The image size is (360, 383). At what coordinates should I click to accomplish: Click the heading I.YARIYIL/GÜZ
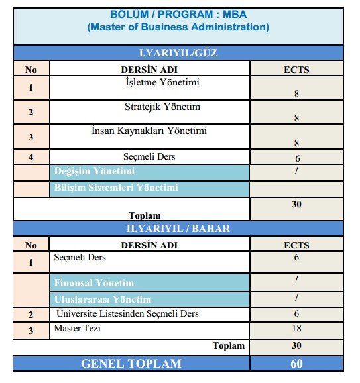pos(178,53)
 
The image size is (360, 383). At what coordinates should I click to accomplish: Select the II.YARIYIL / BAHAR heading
pos(178,229)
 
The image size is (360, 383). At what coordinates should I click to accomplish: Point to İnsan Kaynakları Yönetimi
pos(149,131)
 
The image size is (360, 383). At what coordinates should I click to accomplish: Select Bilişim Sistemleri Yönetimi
pos(116,188)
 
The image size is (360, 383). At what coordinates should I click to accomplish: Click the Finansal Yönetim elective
pos(94,283)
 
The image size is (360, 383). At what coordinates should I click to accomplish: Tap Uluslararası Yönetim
pos(103,299)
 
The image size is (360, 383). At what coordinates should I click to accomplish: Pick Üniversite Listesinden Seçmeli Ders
pos(128,313)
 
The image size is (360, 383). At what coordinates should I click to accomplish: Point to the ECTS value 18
pos(296,329)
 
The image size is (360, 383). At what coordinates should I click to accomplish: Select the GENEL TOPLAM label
pos(131,363)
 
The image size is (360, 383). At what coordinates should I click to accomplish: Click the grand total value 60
pos(296,363)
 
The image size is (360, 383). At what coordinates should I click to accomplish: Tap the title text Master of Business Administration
pos(178,27)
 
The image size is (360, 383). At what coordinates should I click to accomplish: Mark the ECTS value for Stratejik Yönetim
pos(296,118)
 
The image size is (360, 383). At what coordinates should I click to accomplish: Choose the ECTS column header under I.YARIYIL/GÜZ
pos(296,69)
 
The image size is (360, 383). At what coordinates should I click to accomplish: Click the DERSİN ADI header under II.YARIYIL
pos(149,245)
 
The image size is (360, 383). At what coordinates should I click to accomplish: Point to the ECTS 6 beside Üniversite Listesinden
pos(296,314)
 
